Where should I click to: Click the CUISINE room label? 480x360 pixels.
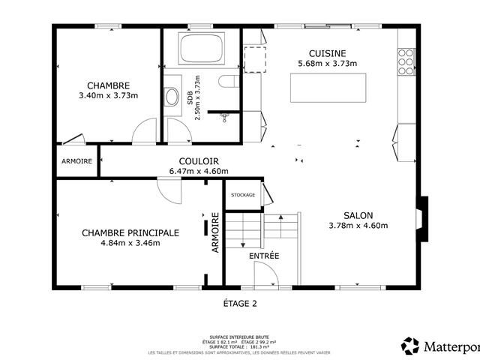(x=327, y=52)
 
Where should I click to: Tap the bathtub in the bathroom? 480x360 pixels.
(x=201, y=50)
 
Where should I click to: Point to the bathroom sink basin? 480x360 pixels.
(x=172, y=96)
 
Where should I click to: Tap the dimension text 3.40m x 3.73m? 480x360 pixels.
(x=108, y=96)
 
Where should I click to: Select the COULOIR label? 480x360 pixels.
(x=199, y=161)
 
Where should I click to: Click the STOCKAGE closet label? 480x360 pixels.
(x=243, y=195)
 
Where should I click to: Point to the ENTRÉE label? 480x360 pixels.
(x=264, y=256)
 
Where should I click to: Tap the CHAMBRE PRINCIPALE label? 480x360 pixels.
(x=130, y=232)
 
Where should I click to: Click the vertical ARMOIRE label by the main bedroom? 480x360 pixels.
(x=215, y=232)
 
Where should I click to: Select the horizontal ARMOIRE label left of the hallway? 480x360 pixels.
(x=77, y=161)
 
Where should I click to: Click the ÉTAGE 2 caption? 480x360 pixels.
(x=240, y=304)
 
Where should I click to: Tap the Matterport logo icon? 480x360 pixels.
(x=410, y=346)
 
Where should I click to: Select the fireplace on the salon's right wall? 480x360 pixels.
(x=423, y=219)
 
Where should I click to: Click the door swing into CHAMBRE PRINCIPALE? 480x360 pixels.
(x=170, y=190)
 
